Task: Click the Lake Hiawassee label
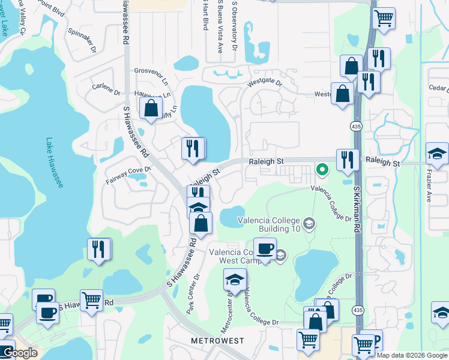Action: click(54, 163)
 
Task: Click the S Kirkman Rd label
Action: click(356, 209)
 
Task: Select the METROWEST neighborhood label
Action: click(217, 341)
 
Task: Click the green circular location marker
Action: click(322, 170)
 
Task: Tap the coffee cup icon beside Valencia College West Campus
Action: click(265, 248)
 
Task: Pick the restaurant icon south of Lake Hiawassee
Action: click(99, 248)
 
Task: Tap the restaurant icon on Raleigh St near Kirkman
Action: click(348, 160)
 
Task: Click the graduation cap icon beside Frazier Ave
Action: click(437, 154)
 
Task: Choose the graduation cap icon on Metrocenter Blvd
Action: click(235, 280)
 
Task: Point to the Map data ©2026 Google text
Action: click(412, 355)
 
